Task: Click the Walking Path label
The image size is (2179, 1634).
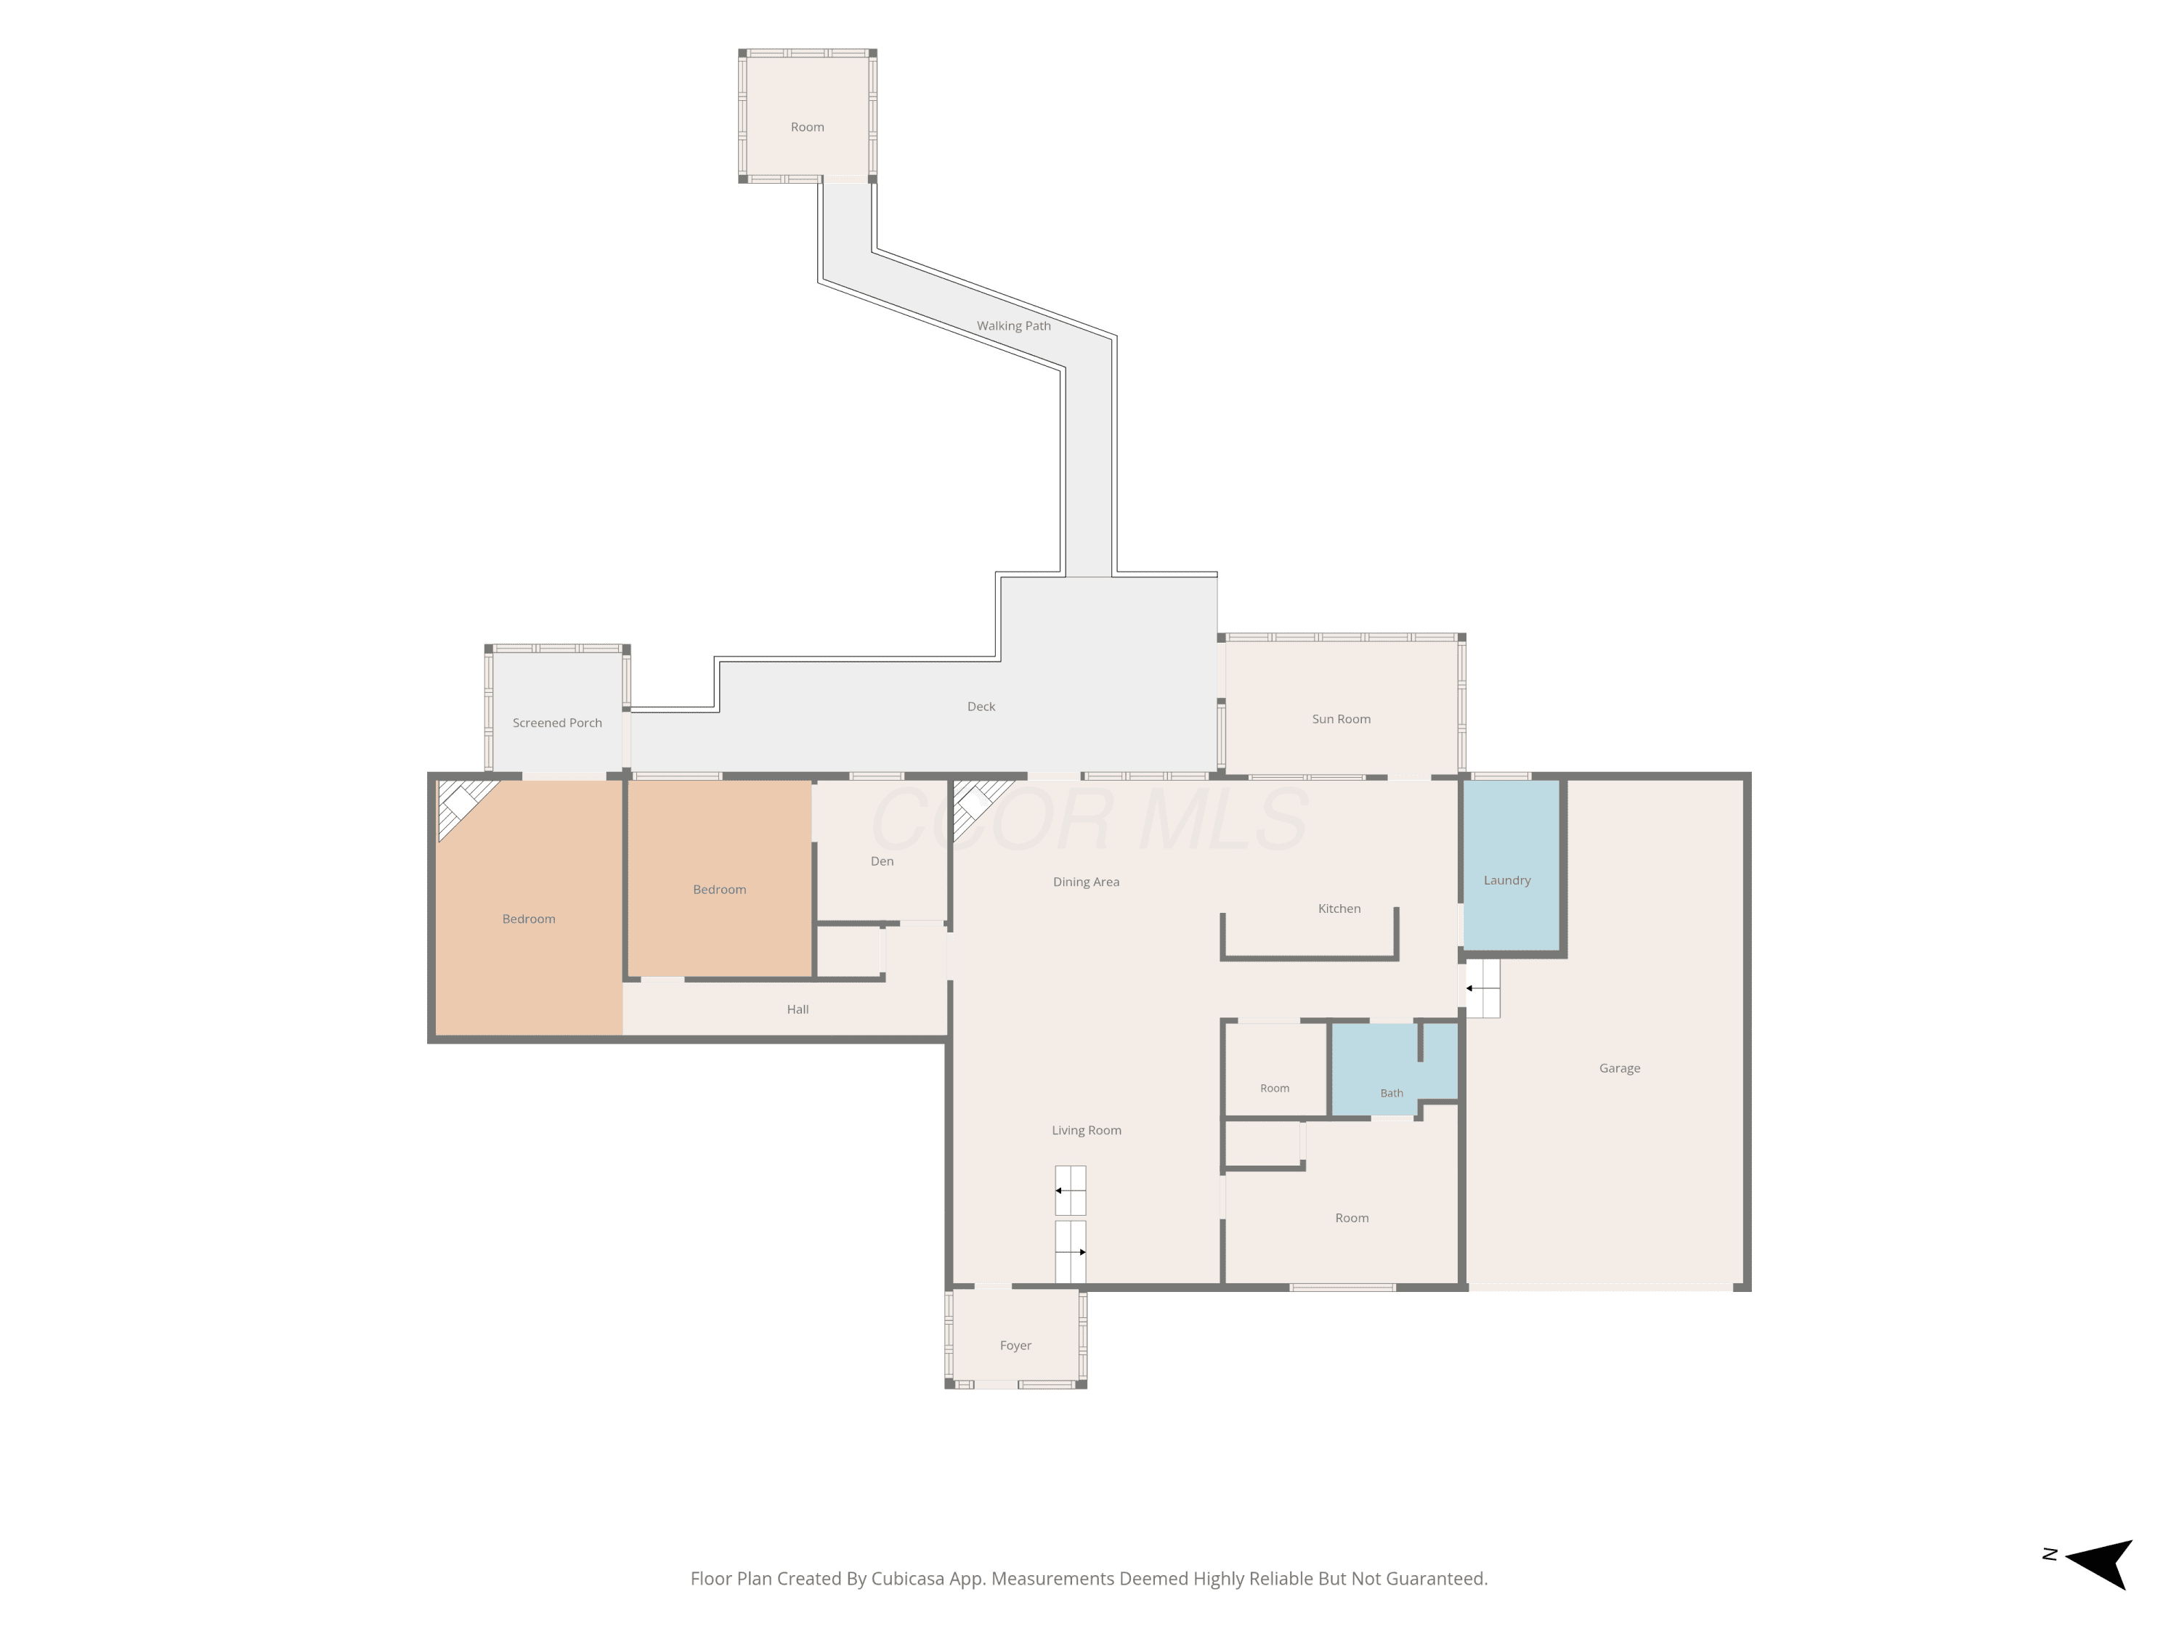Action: coord(1014,326)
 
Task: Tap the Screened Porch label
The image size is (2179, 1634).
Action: coord(556,723)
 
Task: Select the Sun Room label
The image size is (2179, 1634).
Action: coord(1341,719)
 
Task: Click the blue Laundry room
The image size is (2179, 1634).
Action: coord(1511,865)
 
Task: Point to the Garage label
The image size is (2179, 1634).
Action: coord(1620,1069)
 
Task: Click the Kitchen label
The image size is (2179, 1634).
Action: coord(1339,909)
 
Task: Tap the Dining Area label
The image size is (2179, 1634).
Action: coord(1086,882)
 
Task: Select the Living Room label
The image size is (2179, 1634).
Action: coord(1087,1131)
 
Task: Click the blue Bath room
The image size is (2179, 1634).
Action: coord(1393,1070)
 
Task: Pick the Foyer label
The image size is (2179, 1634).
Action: coord(1015,1346)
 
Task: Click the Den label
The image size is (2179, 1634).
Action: coord(882,862)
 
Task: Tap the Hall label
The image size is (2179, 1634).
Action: coord(798,1009)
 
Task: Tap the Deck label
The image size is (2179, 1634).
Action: coord(981,707)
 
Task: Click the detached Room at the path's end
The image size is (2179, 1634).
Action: coord(808,116)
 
